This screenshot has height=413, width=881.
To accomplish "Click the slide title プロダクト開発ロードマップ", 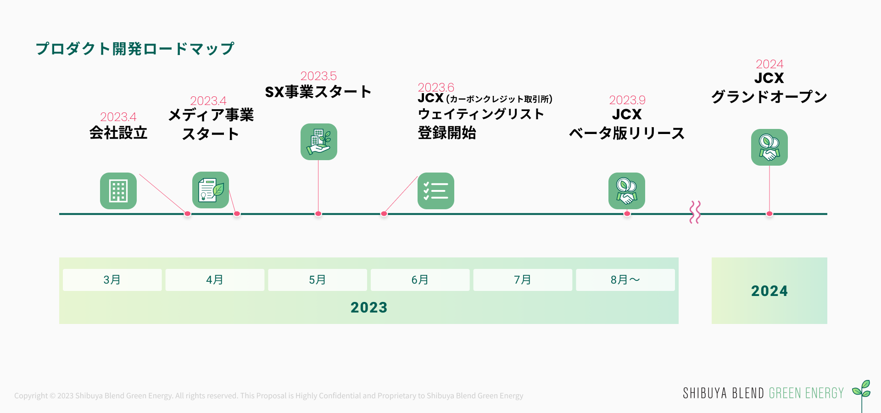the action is tap(135, 49).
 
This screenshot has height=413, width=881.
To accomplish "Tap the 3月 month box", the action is tap(112, 280).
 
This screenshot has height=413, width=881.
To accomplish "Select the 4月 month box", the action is tap(215, 280).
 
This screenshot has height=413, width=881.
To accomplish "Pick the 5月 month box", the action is tap(318, 280).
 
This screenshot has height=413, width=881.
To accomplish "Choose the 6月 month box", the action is tap(420, 280).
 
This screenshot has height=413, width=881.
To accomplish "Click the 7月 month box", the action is tap(523, 280).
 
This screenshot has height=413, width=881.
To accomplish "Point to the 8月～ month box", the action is tap(625, 280).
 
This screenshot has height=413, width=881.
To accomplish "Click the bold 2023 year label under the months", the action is tap(369, 307).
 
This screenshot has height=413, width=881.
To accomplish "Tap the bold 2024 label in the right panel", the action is tap(769, 291).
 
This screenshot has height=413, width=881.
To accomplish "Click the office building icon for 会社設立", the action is tap(118, 191).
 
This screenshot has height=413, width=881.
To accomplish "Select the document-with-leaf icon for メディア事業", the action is tap(211, 190).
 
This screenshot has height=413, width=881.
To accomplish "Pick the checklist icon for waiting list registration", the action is tap(436, 191).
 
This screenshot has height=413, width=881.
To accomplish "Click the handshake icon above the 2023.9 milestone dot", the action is tap(627, 191).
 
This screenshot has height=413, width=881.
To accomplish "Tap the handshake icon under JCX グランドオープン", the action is tap(769, 147).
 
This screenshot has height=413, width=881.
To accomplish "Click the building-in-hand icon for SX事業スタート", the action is tap(319, 142).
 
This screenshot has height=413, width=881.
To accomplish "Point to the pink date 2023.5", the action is tap(318, 76).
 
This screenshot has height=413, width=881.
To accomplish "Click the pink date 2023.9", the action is tap(627, 100).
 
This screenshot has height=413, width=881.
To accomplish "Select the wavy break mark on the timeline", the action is tap(695, 212).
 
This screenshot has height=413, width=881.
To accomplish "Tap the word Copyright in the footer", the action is tap(31, 396).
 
